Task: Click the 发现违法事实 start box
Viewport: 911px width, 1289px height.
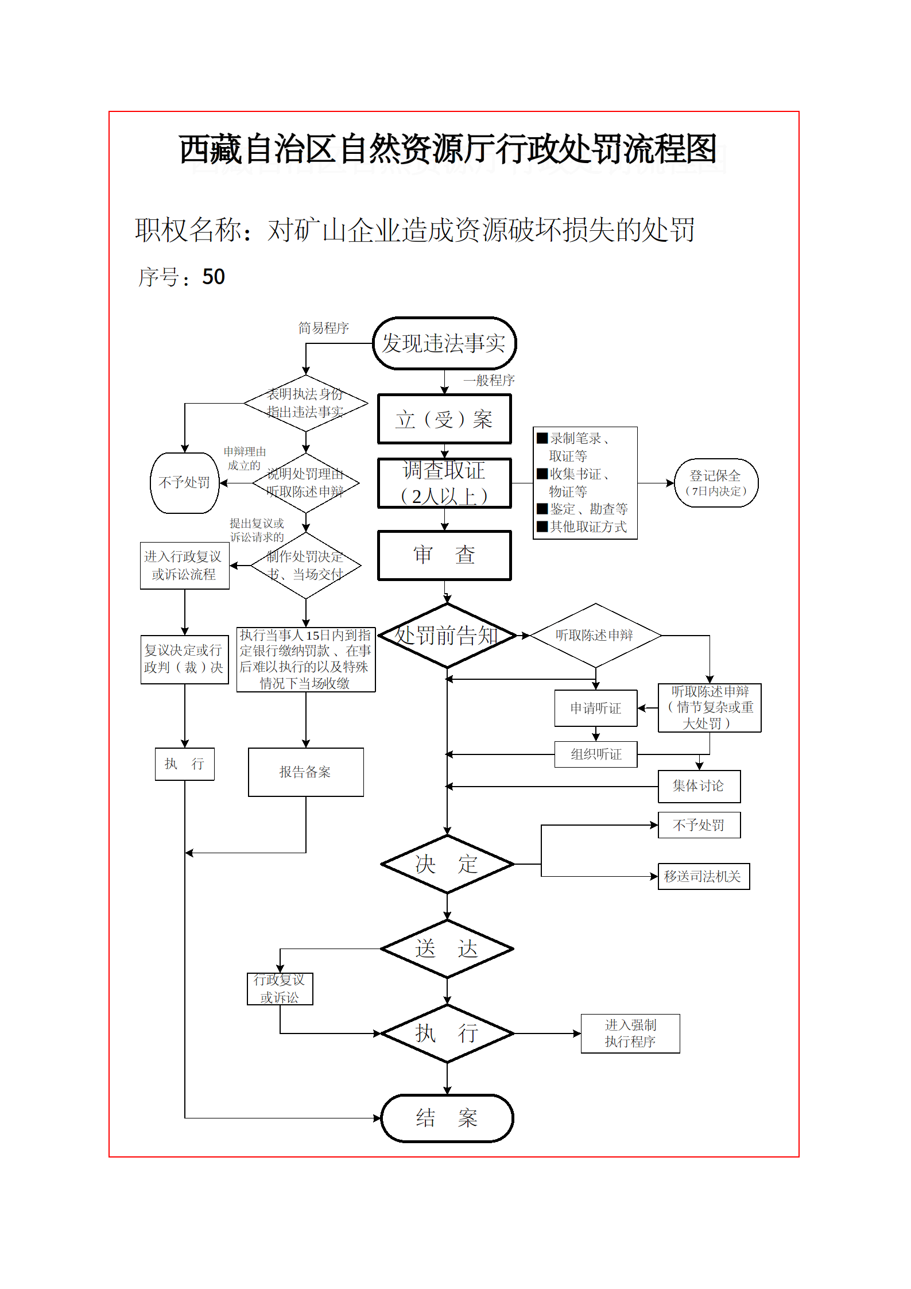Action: pos(444,343)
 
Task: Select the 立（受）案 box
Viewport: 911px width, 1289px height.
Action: pos(444,419)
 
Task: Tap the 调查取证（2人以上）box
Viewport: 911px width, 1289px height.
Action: pos(444,483)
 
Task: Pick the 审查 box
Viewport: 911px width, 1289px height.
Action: pos(444,555)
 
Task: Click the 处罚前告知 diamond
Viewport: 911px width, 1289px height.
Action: pos(447,636)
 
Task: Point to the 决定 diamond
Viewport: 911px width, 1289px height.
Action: pos(447,864)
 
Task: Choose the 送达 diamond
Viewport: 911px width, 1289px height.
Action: pos(447,949)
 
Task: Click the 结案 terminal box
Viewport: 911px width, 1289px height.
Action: pos(447,1118)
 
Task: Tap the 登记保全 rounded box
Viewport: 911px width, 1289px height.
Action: pos(716,483)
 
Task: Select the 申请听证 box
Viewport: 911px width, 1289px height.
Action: pos(596,708)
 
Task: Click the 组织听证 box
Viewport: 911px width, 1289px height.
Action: pos(596,754)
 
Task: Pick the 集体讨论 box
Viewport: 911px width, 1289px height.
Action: pos(699,786)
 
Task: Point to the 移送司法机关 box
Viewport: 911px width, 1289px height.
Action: pos(703,876)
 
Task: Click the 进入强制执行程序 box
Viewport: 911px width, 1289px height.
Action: pos(630,1033)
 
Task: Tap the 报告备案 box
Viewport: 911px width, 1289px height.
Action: pos(305,772)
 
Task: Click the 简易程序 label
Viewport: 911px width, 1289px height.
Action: pos(324,328)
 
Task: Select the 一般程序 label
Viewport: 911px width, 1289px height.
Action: pos(489,380)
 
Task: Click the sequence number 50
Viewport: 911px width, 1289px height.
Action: pos(214,277)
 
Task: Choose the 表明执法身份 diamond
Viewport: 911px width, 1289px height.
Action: pos(305,403)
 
